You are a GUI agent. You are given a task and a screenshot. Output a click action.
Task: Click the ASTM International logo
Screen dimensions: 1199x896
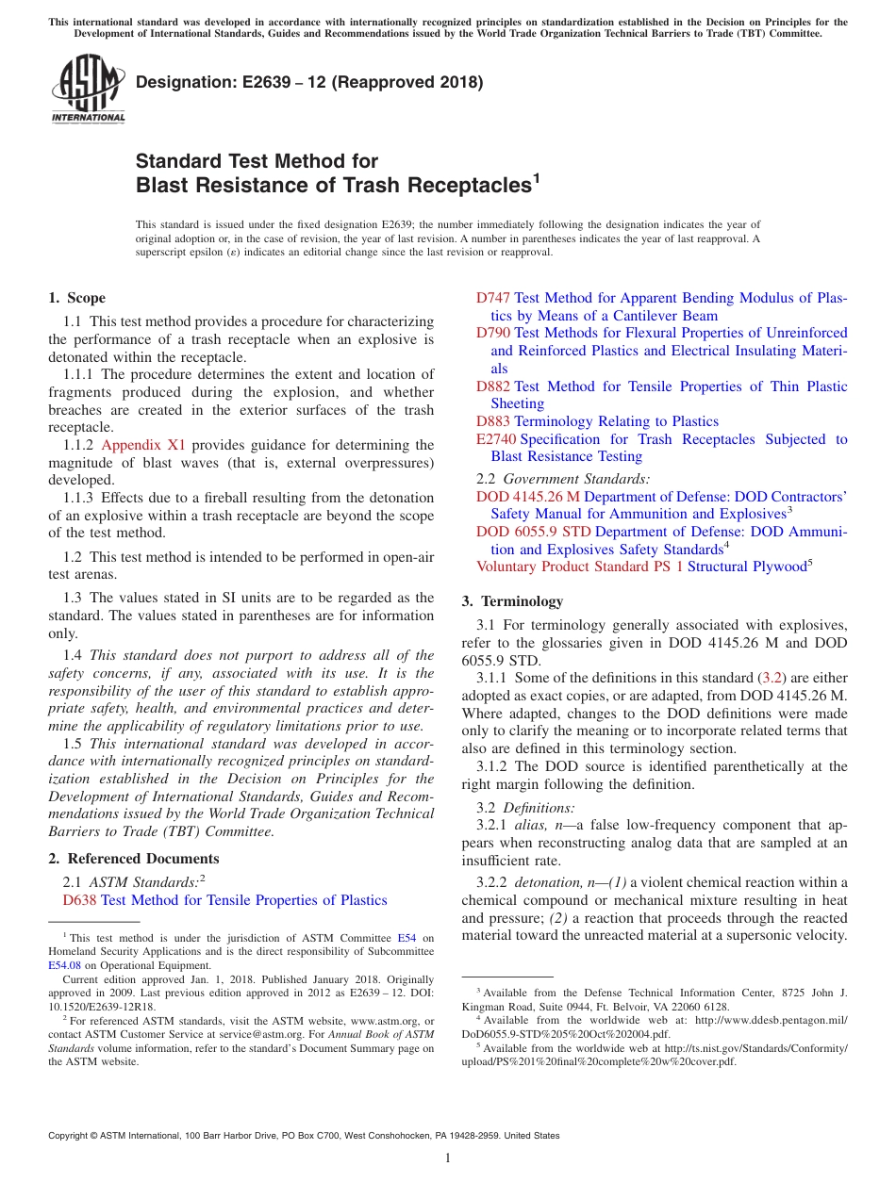[88, 89]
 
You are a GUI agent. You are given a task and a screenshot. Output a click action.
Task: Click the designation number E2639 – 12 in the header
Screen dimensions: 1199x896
[309, 82]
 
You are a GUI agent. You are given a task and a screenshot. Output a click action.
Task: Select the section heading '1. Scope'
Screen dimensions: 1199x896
[77, 298]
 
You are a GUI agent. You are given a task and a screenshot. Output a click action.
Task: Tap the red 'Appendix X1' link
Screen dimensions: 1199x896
[143, 445]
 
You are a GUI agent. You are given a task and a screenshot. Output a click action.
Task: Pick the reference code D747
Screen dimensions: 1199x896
[493, 298]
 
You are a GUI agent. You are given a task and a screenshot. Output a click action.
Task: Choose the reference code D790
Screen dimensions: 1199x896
[493, 333]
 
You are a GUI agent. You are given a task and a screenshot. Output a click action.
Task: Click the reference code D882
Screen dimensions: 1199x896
[493, 386]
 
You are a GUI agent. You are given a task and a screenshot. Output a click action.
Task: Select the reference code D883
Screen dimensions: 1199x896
[493, 421]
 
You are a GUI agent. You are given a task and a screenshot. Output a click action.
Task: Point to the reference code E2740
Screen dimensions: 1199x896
[496, 439]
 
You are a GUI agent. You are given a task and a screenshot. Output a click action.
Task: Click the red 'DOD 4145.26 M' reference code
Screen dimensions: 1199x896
[528, 497]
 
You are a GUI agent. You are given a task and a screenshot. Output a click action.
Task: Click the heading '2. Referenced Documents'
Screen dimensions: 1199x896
[133, 859]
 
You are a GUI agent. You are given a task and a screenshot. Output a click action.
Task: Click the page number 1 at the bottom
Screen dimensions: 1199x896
[448, 1158]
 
